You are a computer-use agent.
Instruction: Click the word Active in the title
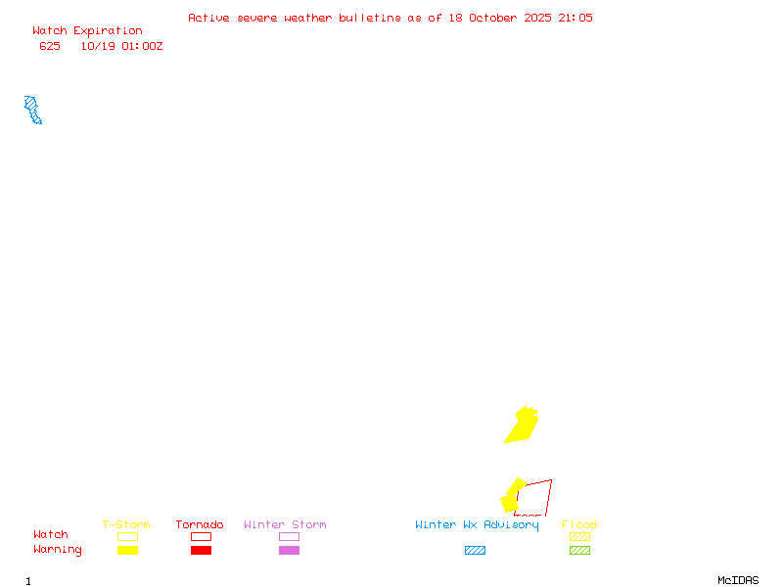pyautogui.click(x=209, y=18)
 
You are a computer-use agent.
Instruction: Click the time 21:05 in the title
pyautogui.click(x=575, y=18)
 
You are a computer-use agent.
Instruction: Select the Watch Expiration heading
pyautogui.click(x=87, y=31)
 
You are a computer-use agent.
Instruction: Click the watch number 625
pyautogui.click(x=50, y=46)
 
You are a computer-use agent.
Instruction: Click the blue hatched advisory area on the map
pyautogui.click(x=32, y=109)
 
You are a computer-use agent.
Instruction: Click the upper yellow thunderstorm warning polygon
pyautogui.click(x=522, y=426)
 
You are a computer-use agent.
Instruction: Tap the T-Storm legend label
pyautogui.click(x=126, y=524)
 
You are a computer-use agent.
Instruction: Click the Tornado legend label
pyautogui.click(x=200, y=524)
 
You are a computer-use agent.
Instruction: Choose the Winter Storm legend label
pyautogui.click(x=285, y=524)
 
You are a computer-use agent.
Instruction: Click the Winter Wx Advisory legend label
pyautogui.click(x=477, y=524)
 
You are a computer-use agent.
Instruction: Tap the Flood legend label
pyautogui.click(x=579, y=524)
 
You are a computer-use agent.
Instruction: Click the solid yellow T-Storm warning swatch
pyautogui.click(x=127, y=550)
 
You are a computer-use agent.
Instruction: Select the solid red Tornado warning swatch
pyautogui.click(x=201, y=550)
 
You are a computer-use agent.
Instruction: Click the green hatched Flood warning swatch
pyautogui.click(x=579, y=550)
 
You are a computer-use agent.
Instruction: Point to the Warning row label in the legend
pyautogui.click(x=58, y=550)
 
